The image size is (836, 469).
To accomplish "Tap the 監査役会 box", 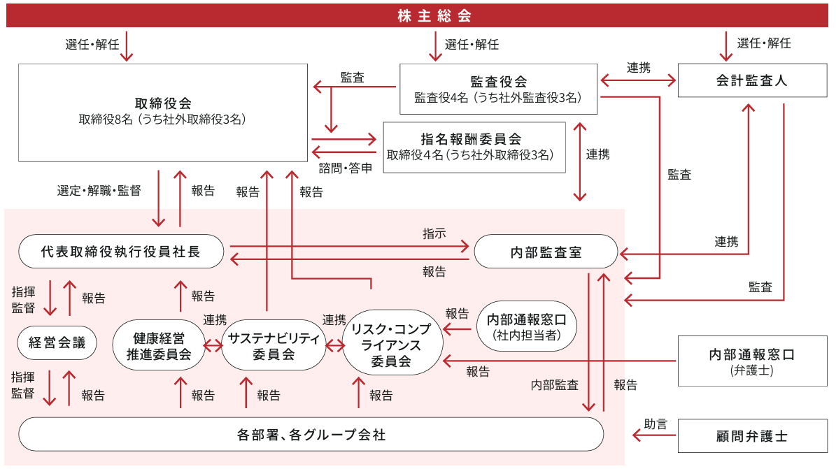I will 498,89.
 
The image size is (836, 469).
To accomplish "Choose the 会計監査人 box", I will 751,80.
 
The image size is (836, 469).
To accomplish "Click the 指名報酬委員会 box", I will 474,147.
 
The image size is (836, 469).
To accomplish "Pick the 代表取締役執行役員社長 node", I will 121,252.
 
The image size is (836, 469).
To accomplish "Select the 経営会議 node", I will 57,342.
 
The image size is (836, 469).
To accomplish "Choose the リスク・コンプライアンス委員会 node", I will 392,343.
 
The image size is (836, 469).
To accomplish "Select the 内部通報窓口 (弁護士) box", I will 751,361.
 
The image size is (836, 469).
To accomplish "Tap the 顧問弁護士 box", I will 751,435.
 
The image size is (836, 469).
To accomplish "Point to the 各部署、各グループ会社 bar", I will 311,435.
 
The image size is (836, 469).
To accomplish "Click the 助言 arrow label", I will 656,424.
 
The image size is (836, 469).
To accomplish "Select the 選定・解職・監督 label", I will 99,190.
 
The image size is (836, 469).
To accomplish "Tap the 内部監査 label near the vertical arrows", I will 555,384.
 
